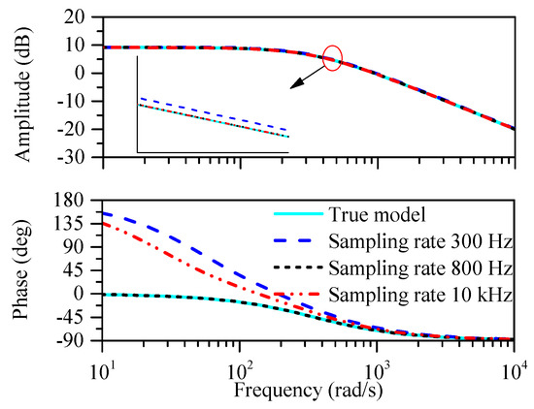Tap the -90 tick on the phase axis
[74, 339]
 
